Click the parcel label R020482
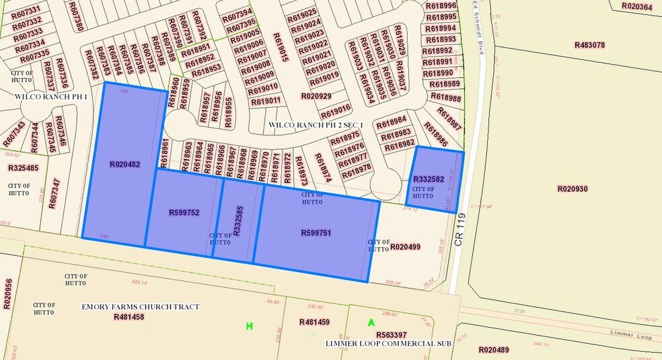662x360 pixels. coord(124,164)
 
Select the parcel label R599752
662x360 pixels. coord(184,213)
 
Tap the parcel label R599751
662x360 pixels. coord(317,233)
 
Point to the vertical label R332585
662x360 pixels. coord(237,221)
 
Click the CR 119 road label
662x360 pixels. coord(459,229)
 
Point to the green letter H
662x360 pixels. coord(249,326)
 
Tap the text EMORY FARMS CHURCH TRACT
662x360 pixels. coord(141,307)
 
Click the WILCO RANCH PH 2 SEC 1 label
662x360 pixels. coord(316,125)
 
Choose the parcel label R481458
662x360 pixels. coord(129,317)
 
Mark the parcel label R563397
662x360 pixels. coord(392,334)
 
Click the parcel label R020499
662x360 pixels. coord(405,247)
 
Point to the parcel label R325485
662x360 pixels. coord(23,168)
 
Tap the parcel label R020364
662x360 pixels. coord(636,7)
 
